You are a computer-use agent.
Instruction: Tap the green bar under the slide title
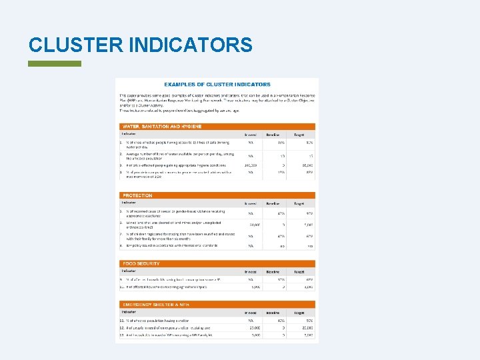pos(55,64)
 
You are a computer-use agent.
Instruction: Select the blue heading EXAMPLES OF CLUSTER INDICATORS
pos(217,85)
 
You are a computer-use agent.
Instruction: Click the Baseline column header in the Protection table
pos(273,203)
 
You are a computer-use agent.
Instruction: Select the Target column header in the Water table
pos(299,134)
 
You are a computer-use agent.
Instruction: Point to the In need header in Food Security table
pos(250,272)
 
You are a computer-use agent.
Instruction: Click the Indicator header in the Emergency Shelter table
pos(129,312)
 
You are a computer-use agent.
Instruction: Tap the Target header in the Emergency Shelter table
pos(299,312)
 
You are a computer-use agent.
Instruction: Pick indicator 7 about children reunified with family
pos(176,237)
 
